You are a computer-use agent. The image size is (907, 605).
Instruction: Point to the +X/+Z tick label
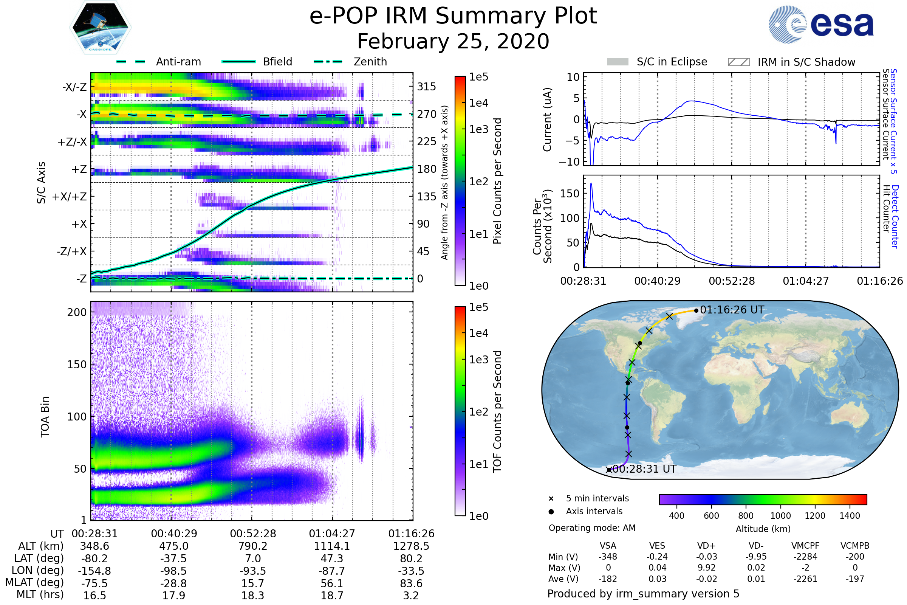[70, 197]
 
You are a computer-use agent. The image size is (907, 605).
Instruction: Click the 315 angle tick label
[427, 87]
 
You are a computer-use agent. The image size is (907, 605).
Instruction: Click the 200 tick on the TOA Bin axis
[77, 312]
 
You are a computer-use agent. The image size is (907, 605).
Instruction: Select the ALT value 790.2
[252, 546]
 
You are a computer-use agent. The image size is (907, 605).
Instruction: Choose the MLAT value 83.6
[411, 583]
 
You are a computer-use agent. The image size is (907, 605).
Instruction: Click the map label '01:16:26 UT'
[732, 310]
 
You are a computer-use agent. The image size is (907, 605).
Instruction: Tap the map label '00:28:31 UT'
[644, 469]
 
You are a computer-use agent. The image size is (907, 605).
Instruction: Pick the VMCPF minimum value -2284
[805, 557]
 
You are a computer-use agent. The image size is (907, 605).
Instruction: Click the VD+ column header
[706, 546]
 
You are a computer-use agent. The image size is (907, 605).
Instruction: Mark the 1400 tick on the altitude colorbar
[850, 516]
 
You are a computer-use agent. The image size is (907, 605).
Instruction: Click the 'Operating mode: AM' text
[592, 528]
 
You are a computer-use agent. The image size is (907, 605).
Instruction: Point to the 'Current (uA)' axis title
[547, 119]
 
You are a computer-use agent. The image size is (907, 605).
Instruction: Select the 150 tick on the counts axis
[570, 193]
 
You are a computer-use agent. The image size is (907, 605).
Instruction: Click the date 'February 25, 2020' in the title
[453, 41]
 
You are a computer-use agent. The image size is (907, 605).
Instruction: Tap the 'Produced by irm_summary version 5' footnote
[643, 594]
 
